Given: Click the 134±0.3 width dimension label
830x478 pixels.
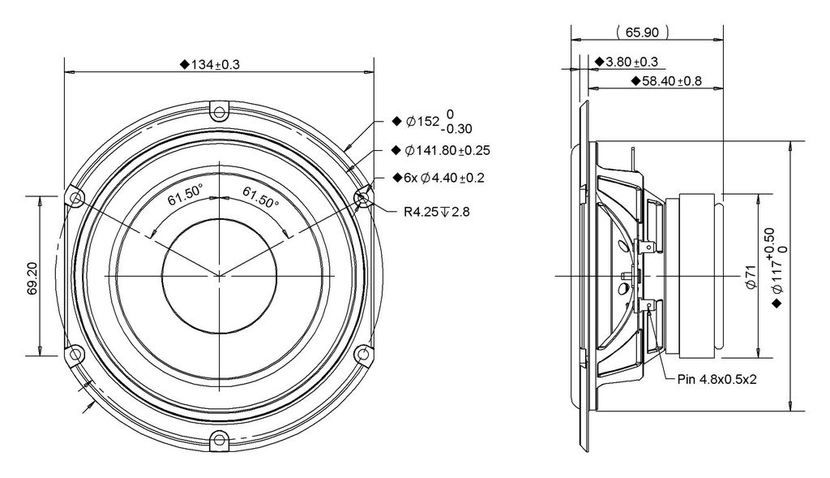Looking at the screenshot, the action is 210,65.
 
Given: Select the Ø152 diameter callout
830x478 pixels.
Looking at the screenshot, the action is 432,122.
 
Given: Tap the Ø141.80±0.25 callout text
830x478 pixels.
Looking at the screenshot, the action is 441,150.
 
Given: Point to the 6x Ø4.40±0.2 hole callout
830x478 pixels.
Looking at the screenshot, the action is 439,178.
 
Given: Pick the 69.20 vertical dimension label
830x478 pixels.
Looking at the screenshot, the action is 32,277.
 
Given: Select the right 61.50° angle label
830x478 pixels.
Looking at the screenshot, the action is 260,196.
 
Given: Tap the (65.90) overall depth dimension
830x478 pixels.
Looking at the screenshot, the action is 643,32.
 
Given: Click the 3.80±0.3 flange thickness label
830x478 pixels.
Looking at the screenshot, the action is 627,62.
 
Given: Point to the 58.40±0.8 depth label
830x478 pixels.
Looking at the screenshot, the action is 666,81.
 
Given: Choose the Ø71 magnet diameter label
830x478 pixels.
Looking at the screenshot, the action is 750,276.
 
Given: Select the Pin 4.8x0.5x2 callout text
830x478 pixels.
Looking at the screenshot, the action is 717,380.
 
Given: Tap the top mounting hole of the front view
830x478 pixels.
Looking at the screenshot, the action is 219,112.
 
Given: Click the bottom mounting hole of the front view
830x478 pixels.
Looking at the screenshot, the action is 219,439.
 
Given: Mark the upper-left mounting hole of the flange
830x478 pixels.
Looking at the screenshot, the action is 77,199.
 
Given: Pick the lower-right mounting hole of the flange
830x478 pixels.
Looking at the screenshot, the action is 363,353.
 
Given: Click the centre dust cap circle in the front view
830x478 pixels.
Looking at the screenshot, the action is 219,276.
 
